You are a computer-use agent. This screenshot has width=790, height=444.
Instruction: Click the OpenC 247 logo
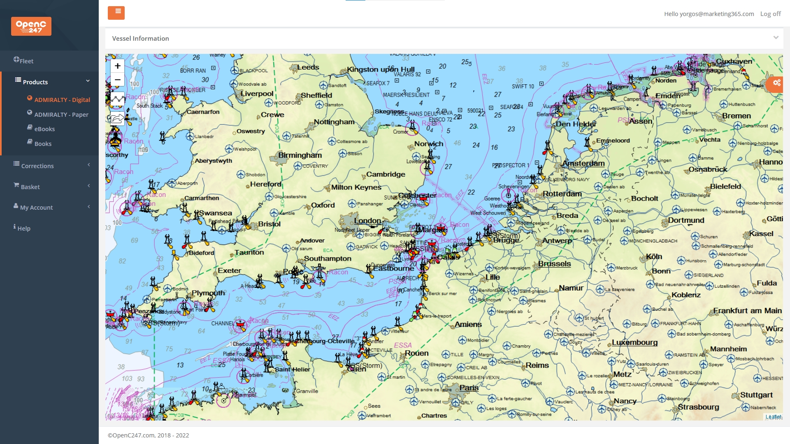(31, 26)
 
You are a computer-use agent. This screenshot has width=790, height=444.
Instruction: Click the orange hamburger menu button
(116, 13)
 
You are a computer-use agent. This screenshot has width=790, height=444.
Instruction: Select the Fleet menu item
(26, 61)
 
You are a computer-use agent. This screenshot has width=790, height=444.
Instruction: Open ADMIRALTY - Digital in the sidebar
(62, 99)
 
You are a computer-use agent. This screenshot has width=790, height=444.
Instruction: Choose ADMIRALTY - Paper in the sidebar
(61, 114)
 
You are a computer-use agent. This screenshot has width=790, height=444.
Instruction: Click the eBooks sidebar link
(44, 129)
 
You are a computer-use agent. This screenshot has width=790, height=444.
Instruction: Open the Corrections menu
(37, 166)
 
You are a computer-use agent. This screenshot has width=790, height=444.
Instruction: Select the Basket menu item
(30, 187)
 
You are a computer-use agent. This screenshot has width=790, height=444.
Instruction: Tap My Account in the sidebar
(36, 207)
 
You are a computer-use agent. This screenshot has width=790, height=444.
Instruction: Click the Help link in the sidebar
(23, 228)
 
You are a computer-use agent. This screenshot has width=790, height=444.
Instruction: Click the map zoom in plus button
(118, 66)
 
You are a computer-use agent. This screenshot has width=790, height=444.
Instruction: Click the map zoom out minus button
(118, 79)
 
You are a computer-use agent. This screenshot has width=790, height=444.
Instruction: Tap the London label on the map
(367, 220)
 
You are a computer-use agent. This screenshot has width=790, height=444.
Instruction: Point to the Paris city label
(469, 387)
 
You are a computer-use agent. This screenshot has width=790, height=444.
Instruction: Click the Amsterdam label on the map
(583, 163)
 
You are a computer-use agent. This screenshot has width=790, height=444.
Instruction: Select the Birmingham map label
(300, 155)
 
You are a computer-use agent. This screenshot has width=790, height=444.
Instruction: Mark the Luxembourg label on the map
(634, 342)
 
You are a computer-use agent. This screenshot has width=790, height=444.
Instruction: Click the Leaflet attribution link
(773, 416)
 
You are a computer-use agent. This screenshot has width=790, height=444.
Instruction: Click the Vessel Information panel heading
(140, 38)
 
